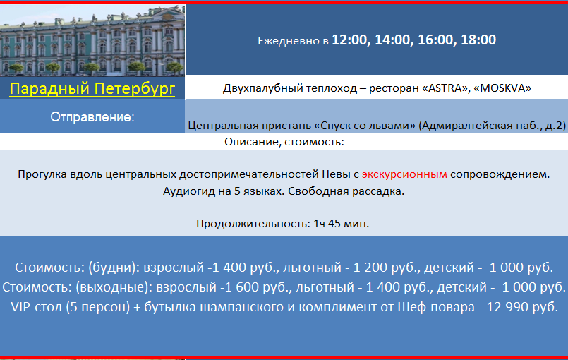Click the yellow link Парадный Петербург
[92, 88]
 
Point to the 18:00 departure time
[478, 40]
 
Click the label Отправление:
[92, 117]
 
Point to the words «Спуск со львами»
[365, 126]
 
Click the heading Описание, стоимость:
[284, 142]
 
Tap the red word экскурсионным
[404, 175]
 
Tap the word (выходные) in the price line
[114, 287]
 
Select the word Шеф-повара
[436, 308]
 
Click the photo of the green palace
[92, 40]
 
